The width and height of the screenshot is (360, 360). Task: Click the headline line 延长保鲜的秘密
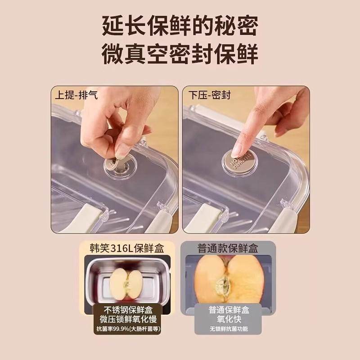[x=180, y=27]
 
